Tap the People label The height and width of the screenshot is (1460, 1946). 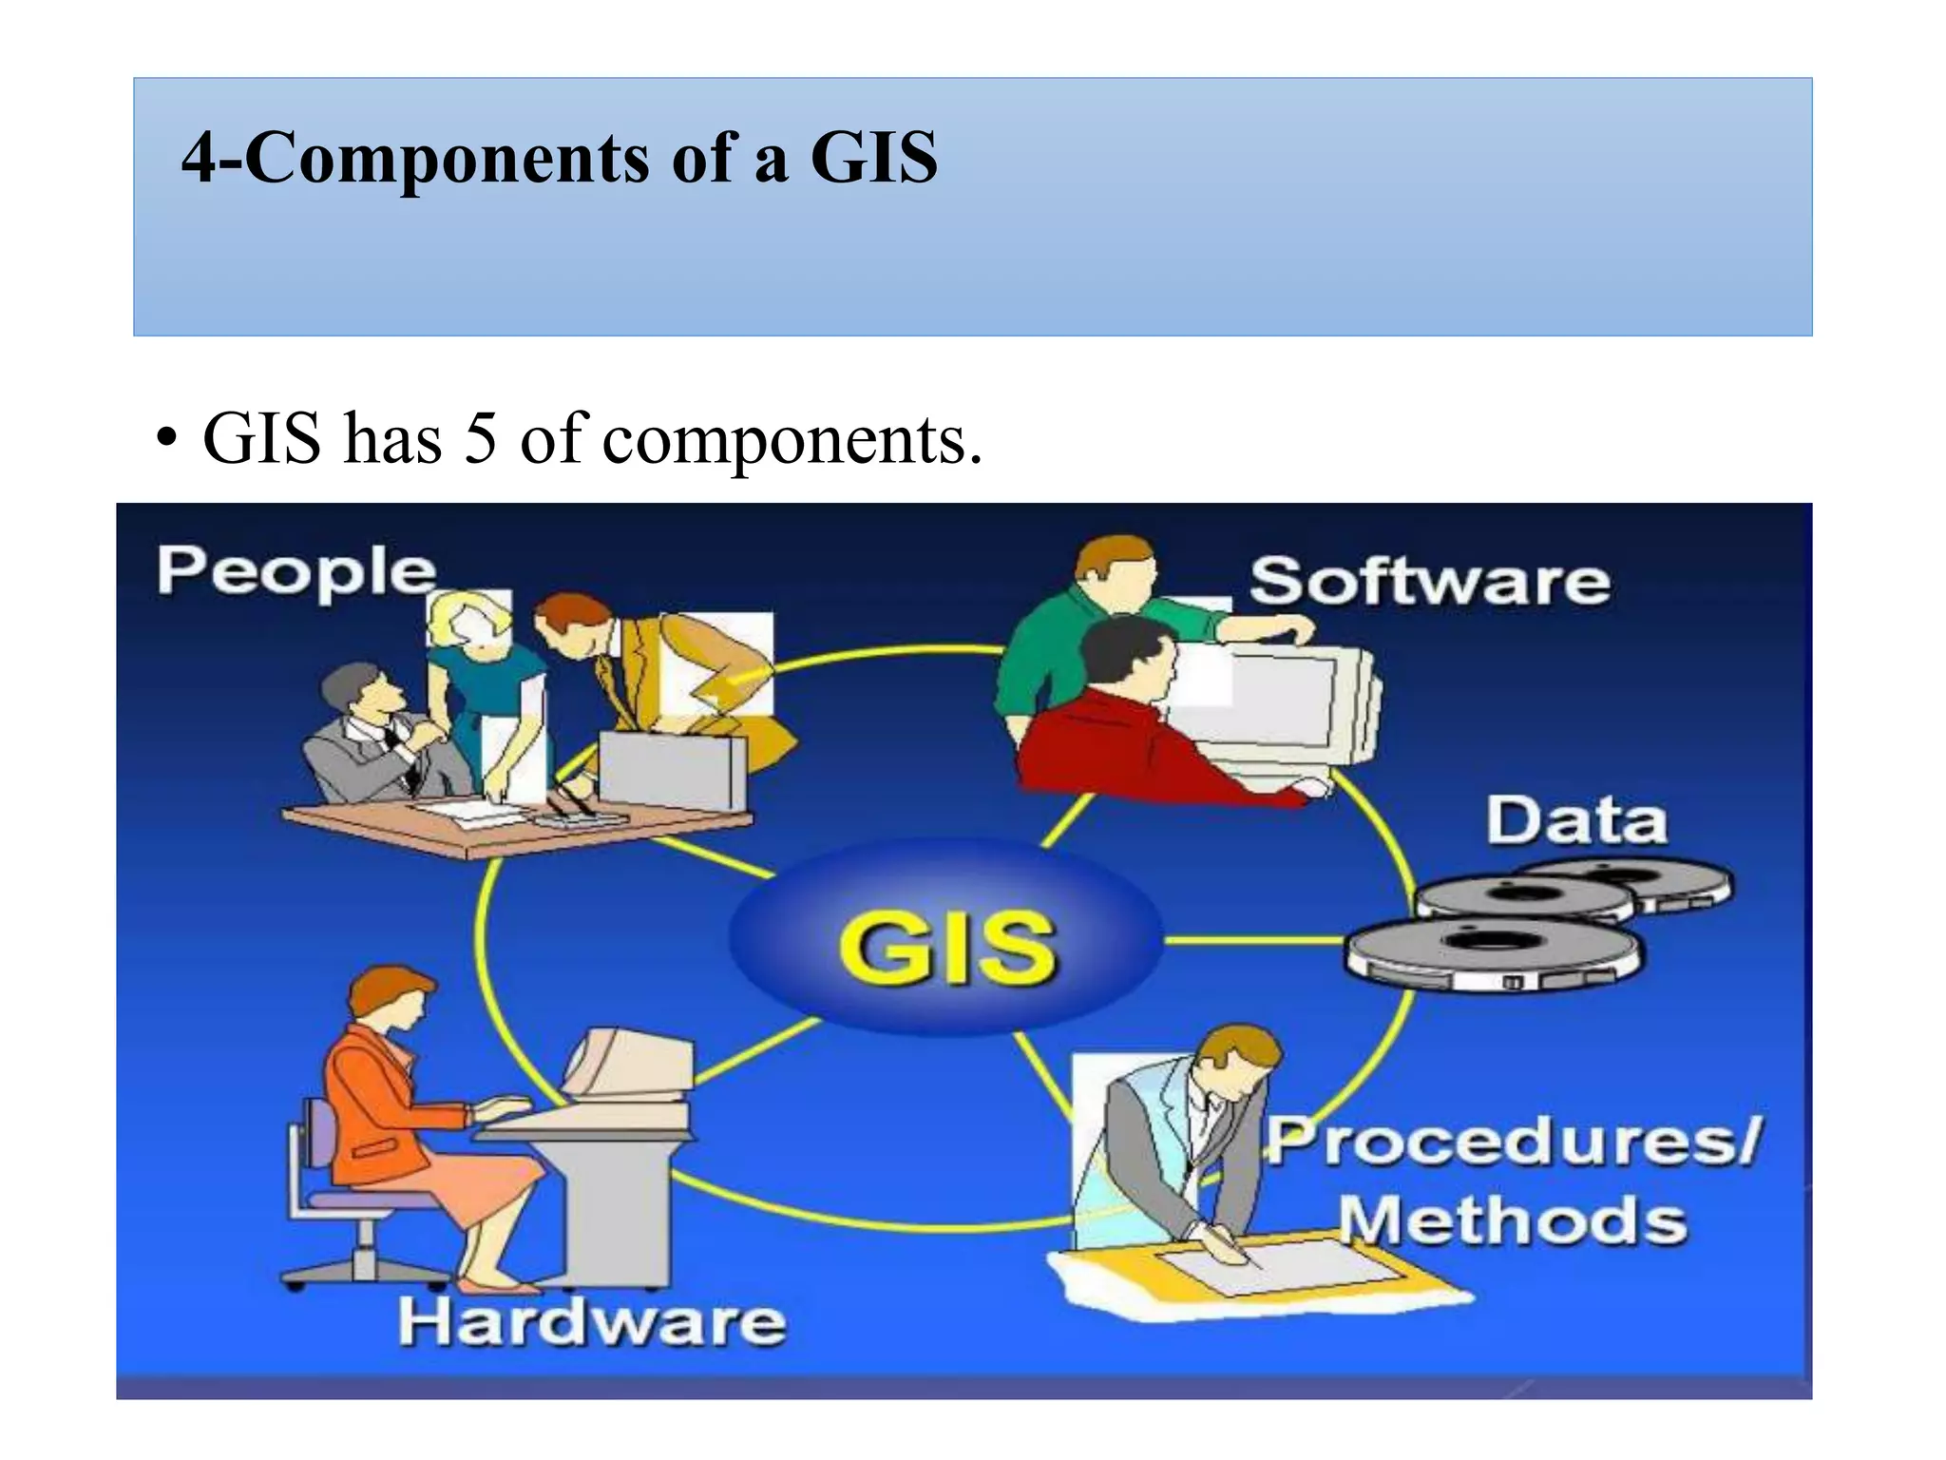(x=296, y=573)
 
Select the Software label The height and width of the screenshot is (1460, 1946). (x=1429, y=582)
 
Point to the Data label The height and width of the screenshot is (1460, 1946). (x=1576, y=820)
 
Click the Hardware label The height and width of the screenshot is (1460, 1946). (x=592, y=1322)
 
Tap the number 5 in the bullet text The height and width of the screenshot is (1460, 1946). (x=481, y=439)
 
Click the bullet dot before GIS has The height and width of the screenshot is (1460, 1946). (x=167, y=440)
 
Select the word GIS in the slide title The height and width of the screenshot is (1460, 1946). (x=873, y=158)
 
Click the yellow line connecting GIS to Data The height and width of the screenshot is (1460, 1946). (x=1254, y=941)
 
